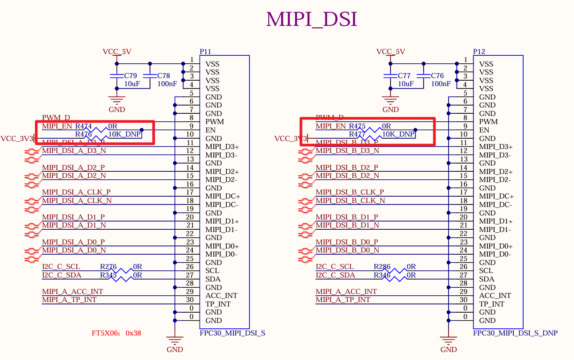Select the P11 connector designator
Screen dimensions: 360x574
(205, 52)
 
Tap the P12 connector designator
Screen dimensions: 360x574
(479, 52)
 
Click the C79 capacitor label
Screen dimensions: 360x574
(130, 76)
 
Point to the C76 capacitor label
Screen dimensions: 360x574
(437, 76)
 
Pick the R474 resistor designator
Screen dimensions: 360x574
(83, 126)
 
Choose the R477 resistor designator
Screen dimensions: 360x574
(357, 134)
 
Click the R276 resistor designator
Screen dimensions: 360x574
(108, 267)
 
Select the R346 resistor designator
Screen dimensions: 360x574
(382, 275)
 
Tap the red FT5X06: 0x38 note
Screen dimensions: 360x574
(116, 333)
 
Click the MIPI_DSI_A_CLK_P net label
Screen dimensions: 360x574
(76, 192)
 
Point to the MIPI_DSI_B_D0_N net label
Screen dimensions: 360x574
(347, 250)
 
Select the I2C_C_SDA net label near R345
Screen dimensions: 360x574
(62, 275)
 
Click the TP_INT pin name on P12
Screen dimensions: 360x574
(491, 304)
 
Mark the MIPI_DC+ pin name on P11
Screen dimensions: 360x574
(222, 196)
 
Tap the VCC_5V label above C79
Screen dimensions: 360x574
(117, 52)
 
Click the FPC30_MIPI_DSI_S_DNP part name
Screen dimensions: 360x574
(515, 333)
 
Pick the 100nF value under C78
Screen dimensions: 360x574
(167, 83)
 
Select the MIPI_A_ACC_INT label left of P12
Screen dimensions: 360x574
(346, 291)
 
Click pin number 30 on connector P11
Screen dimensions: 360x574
(190, 300)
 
